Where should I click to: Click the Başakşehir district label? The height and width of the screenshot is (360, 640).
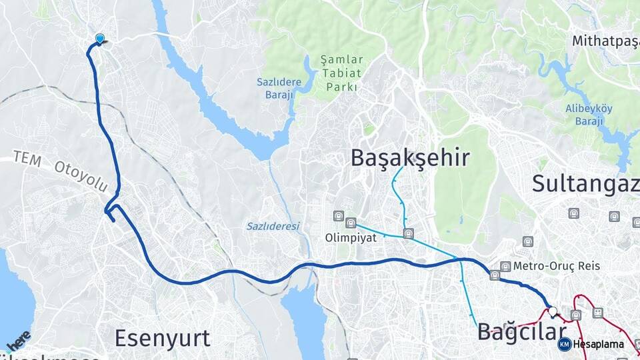[x=410, y=158]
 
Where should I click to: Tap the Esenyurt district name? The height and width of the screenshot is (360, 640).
[x=162, y=338]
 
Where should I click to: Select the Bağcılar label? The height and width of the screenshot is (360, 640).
[x=521, y=331]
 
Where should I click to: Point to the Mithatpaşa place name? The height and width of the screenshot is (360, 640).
[x=605, y=41]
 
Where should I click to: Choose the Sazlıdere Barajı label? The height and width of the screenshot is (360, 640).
[x=279, y=88]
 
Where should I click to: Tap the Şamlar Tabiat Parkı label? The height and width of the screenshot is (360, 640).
[x=341, y=73]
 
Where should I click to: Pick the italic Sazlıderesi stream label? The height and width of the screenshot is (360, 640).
[x=273, y=226]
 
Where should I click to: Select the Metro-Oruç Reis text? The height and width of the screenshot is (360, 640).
[x=556, y=266]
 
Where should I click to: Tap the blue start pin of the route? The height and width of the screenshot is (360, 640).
[x=100, y=39]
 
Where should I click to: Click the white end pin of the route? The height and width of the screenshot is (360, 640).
[x=553, y=310]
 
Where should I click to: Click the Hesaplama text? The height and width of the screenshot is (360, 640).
[x=598, y=344]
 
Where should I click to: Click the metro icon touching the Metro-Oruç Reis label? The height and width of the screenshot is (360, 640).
[x=505, y=266]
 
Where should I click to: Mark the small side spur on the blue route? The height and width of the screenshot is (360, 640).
[x=111, y=215]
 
